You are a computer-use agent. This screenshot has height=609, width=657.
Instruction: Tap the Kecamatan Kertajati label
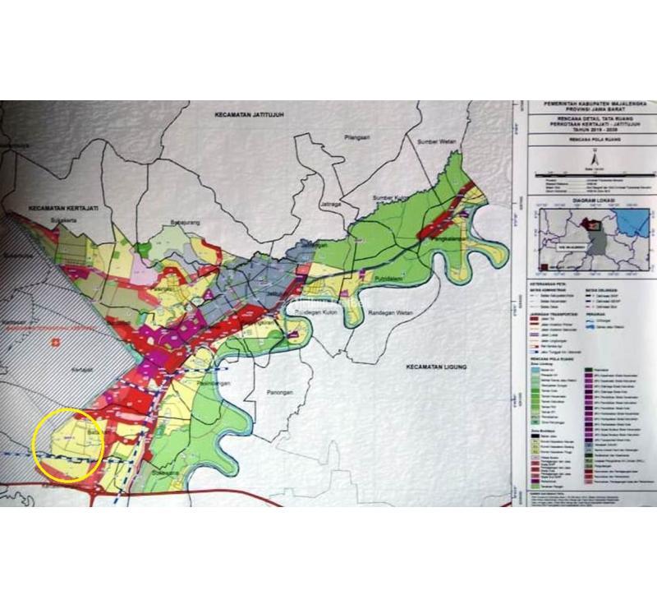pos(62,209)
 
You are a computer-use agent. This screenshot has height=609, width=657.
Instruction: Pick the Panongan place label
pos(279,393)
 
